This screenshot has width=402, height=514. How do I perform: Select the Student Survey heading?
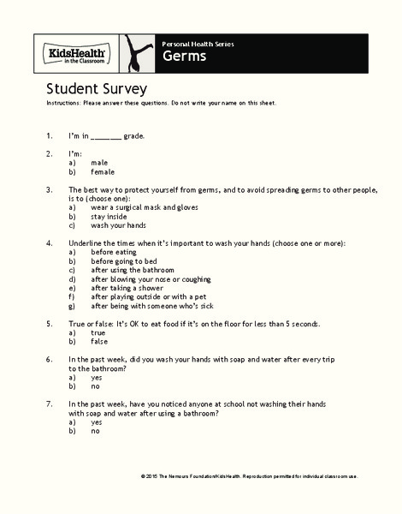click(97, 88)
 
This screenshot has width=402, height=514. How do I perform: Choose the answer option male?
click(99, 162)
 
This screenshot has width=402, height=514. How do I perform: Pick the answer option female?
click(103, 171)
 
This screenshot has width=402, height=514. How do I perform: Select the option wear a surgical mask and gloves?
click(137, 207)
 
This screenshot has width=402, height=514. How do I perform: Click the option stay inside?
click(110, 217)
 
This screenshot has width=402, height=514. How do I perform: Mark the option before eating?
click(114, 253)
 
